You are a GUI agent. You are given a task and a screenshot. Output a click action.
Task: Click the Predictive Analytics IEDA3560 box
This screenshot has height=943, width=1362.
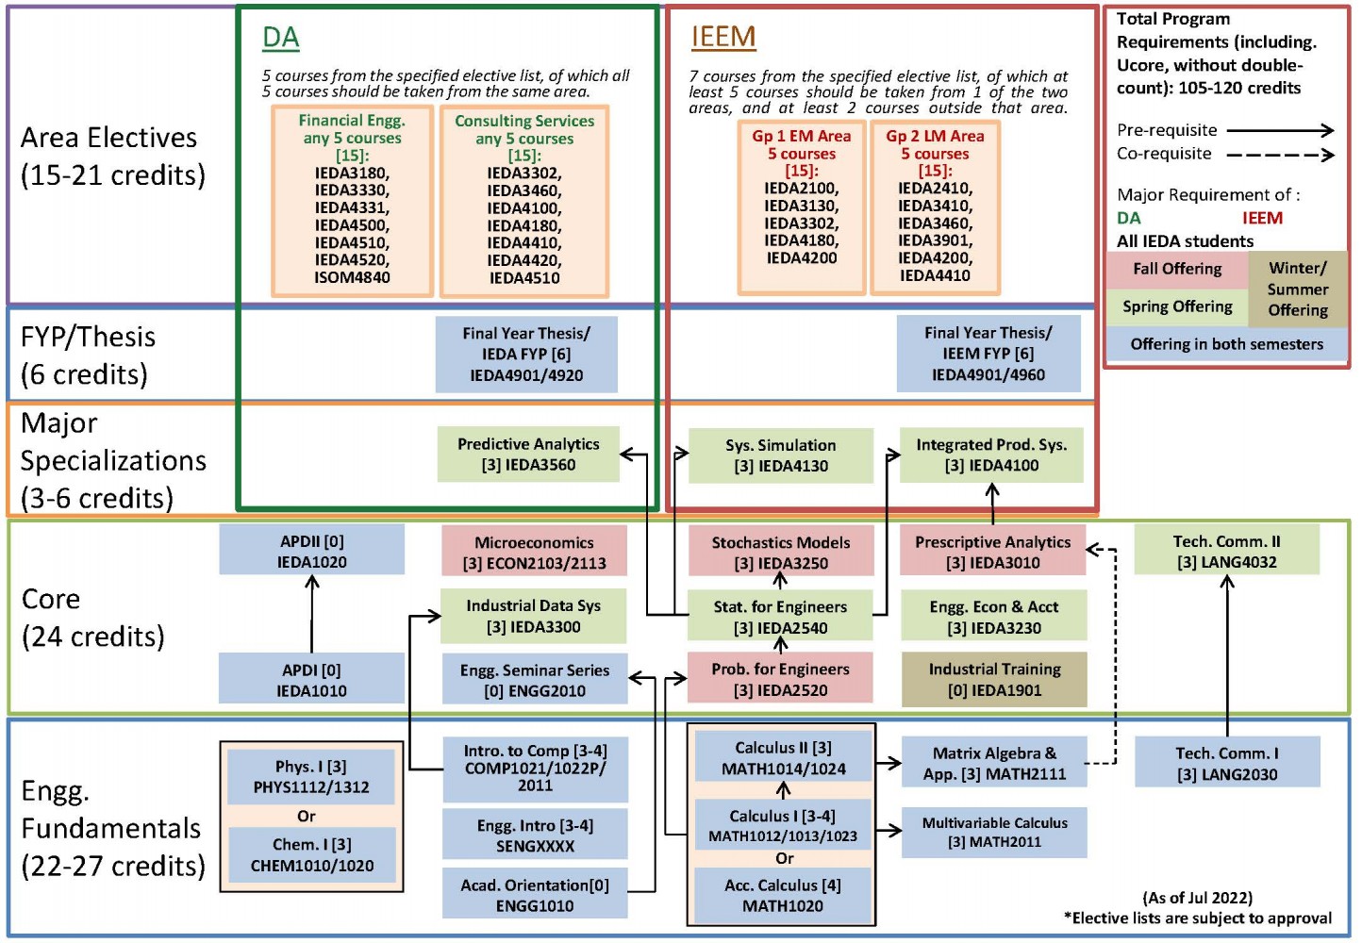tap(528, 455)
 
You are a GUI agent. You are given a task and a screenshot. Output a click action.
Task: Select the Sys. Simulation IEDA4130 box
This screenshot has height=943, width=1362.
tap(781, 455)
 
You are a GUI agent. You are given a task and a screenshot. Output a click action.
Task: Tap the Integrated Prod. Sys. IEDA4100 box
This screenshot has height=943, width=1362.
tap(991, 455)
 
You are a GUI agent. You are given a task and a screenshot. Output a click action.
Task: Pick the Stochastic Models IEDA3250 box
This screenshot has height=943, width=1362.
tap(781, 553)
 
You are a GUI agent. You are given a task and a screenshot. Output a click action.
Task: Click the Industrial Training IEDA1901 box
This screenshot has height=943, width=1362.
tap(994, 679)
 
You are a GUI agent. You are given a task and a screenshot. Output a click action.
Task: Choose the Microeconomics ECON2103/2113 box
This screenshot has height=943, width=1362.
tap(534, 553)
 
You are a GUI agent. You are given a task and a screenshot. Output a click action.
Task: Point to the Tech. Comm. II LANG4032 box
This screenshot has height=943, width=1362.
tap(1226, 552)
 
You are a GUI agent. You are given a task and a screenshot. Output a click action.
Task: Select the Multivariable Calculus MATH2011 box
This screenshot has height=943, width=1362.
tap(994, 832)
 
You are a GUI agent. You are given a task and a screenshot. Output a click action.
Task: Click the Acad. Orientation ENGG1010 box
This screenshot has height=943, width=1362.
tap(535, 895)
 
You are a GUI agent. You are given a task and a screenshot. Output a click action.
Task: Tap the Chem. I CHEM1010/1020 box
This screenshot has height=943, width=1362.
tap(311, 854)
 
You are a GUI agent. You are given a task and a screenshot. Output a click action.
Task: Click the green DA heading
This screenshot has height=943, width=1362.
tap(280, 38)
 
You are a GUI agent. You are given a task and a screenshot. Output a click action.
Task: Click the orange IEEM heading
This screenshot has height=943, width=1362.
tap(723, 37)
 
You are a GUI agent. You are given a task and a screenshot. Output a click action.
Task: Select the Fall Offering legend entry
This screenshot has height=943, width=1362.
tap(1177, 270)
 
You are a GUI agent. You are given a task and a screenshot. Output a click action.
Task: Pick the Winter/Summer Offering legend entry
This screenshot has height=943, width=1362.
tap(1298, 289)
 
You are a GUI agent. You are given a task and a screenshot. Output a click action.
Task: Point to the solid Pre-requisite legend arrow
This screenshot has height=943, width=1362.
tap(1280, 130)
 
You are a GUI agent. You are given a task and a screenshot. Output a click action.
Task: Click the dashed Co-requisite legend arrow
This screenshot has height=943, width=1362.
tap(1280, 155)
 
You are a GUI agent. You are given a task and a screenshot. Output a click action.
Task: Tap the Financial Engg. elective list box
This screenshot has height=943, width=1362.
tap(352, 200)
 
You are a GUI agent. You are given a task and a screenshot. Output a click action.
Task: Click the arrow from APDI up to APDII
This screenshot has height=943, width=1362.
tap(312, 613)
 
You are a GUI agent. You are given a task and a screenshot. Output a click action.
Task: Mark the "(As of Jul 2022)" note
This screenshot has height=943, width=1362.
tap(1197, 898)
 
